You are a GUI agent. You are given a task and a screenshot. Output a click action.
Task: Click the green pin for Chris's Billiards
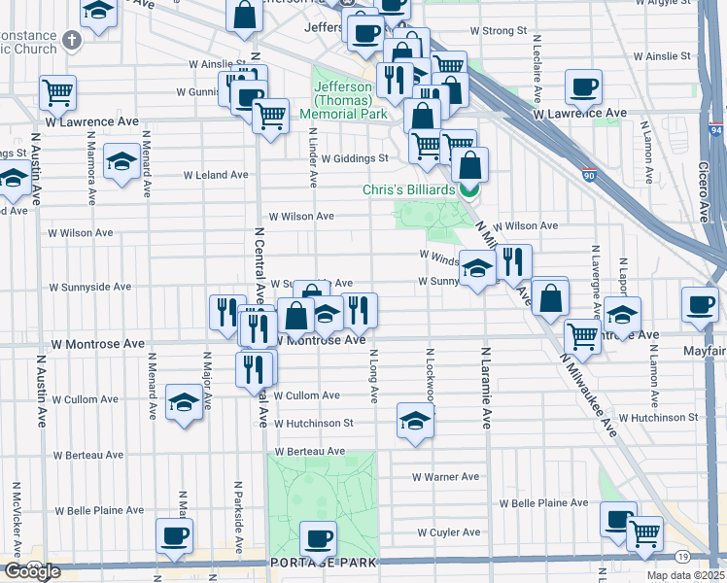[x=468, y=189]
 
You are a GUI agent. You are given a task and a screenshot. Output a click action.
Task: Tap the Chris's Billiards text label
[x=409, y=189]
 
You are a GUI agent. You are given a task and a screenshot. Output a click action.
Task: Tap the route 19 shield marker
[x=684, y=556]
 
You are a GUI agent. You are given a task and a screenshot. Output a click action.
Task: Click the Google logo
[x=32, y=571]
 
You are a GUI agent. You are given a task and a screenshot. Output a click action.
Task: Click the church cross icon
[x=71, y=41]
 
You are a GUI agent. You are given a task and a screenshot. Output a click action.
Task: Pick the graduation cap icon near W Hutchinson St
[x=415, y=421]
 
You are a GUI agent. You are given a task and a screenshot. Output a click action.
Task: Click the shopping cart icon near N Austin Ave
[x=58, y=92]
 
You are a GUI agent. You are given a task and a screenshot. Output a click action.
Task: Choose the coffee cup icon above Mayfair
[x=700, y=303]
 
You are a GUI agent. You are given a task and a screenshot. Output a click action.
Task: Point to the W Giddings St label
[x=355, y=157]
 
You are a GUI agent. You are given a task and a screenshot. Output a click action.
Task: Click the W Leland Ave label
[x=216, y=175]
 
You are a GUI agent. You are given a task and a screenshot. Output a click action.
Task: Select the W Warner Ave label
[x=445, y=477]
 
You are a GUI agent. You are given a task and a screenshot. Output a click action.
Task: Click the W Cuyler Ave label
[x=449, y=532]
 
